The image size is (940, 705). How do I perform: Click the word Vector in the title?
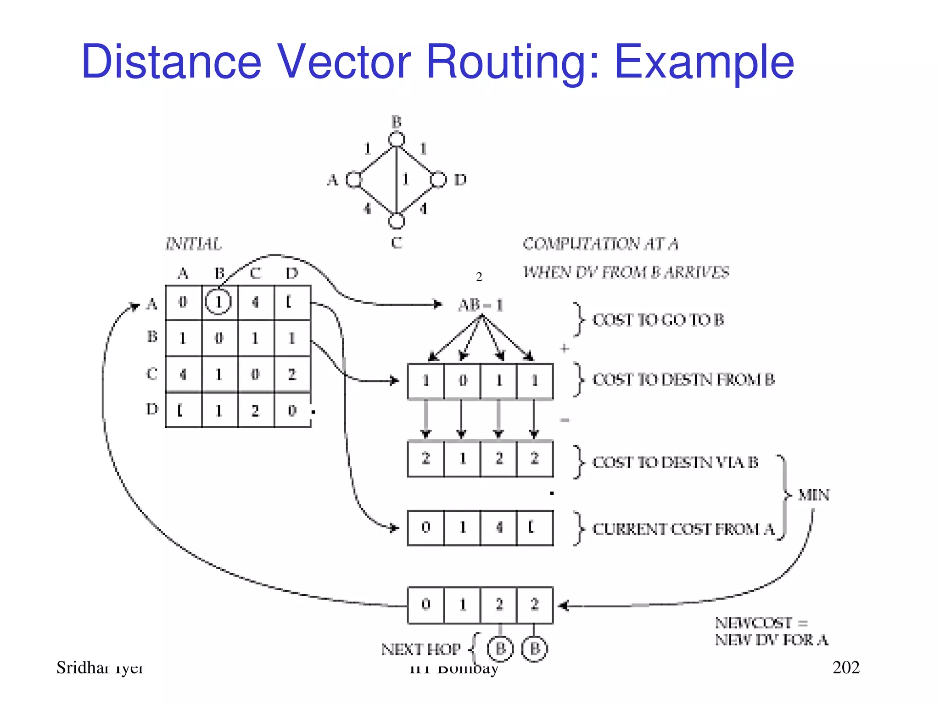(x=344, y=62)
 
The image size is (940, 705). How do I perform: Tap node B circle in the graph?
(x=397, y=139)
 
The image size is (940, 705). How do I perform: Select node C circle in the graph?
(x=397, y=221)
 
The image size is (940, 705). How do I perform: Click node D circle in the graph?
(x=438, y=179)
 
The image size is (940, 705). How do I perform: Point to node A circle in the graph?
(x=354, y=179)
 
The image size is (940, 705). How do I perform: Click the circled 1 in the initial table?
(x=218, y=302)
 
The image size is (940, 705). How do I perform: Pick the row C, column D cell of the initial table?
(x=292, y=374)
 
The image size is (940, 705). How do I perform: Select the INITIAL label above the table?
(x=194, y=244)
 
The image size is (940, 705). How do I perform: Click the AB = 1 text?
(x=481, y=305)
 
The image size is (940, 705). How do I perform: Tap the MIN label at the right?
(x=814, y=495)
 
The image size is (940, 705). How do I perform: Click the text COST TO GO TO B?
(x=658, y=320)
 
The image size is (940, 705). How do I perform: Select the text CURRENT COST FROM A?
(x=683, y=529)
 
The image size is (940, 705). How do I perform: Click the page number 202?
(x=846, y=667)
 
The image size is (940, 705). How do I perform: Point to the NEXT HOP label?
(x=420, y=649)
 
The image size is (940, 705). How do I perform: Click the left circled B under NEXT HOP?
(x=500, y=649)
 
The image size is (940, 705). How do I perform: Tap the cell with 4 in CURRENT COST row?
(x=499, y=527)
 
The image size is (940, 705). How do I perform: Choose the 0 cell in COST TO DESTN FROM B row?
(x=463, y=380)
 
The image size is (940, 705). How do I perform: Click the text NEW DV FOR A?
(x=771, y=640)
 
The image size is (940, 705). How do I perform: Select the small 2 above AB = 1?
(x=479, y=277)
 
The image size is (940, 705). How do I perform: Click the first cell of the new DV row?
(x=426, y=604)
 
